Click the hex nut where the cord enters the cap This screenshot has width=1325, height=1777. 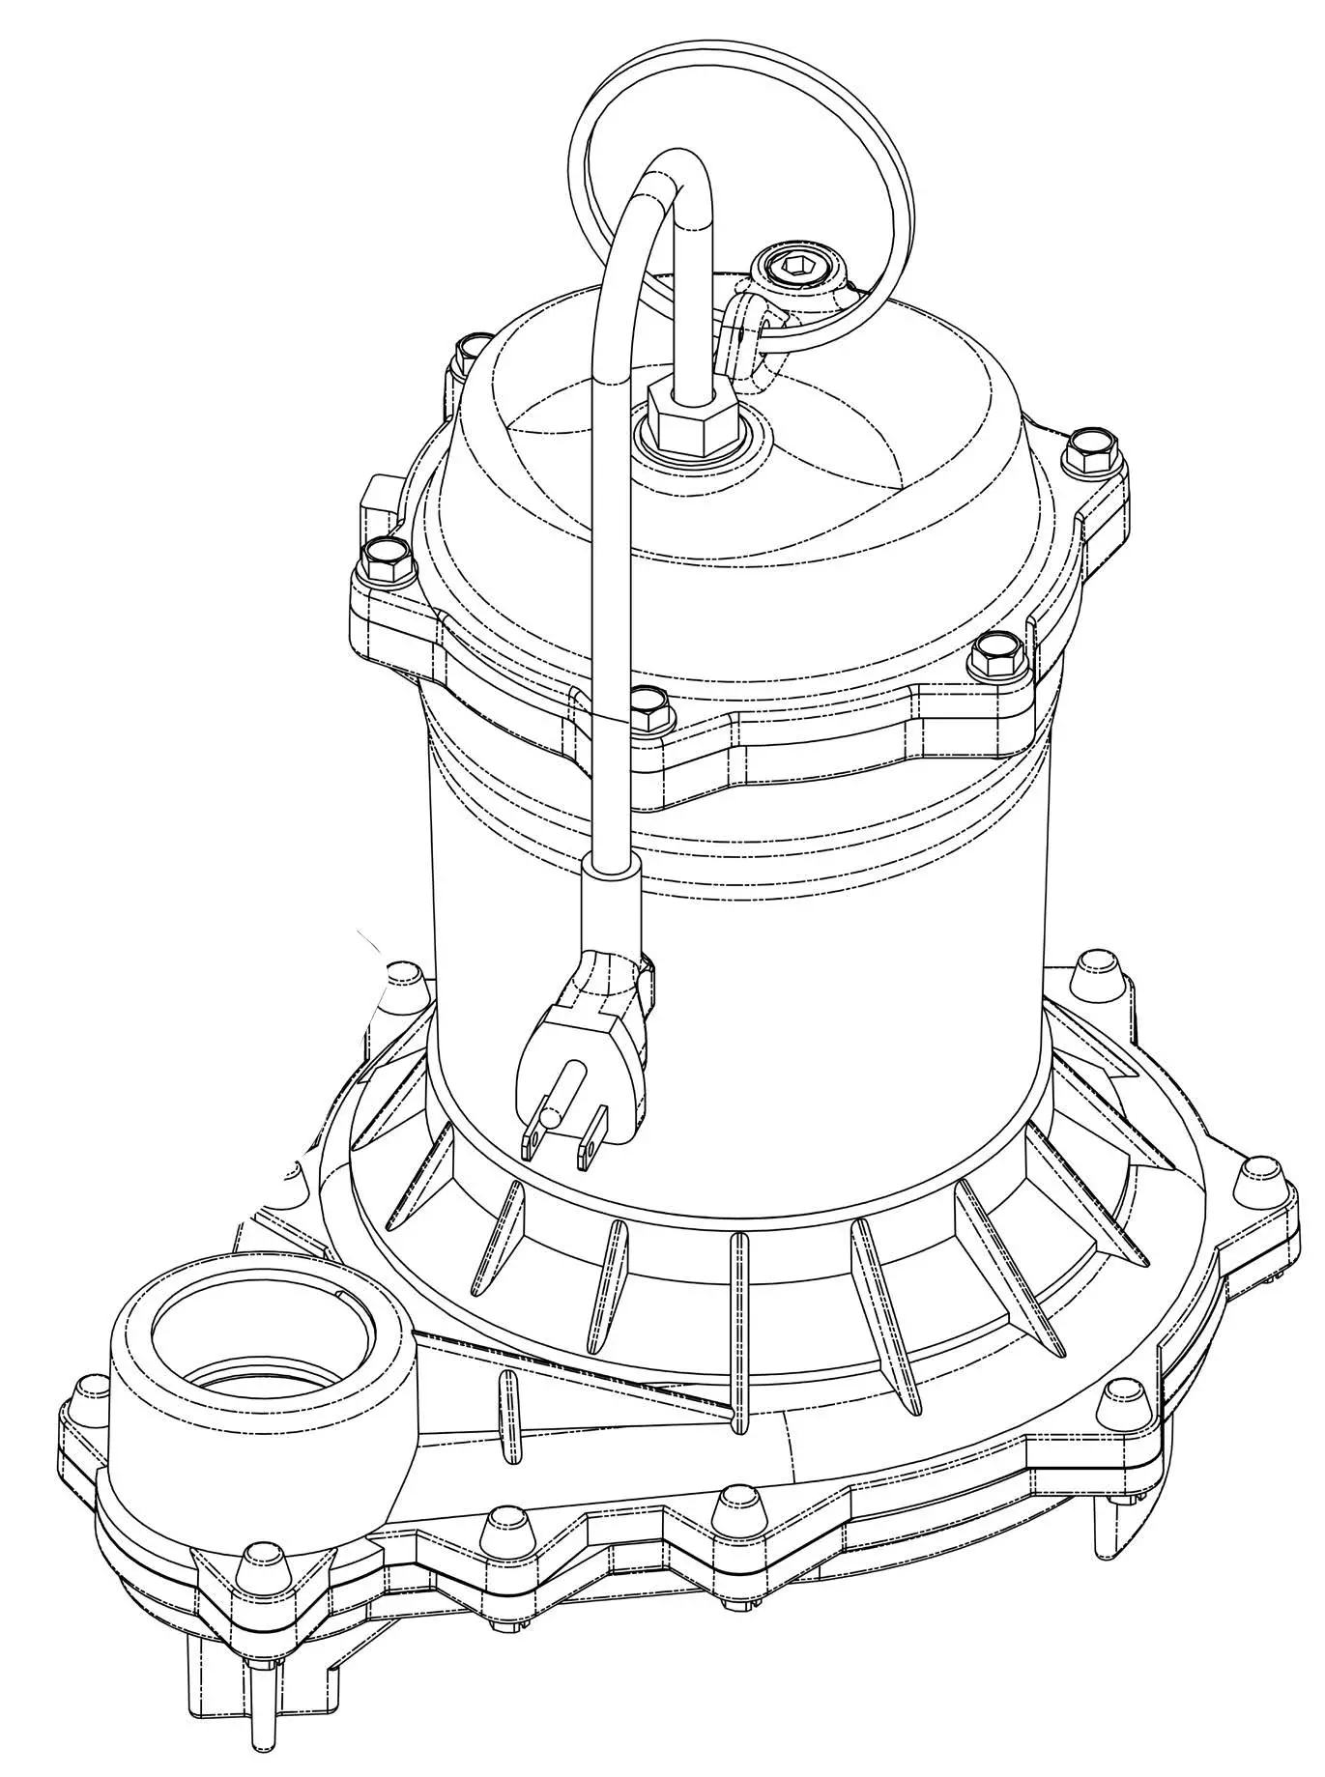[691, 416]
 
